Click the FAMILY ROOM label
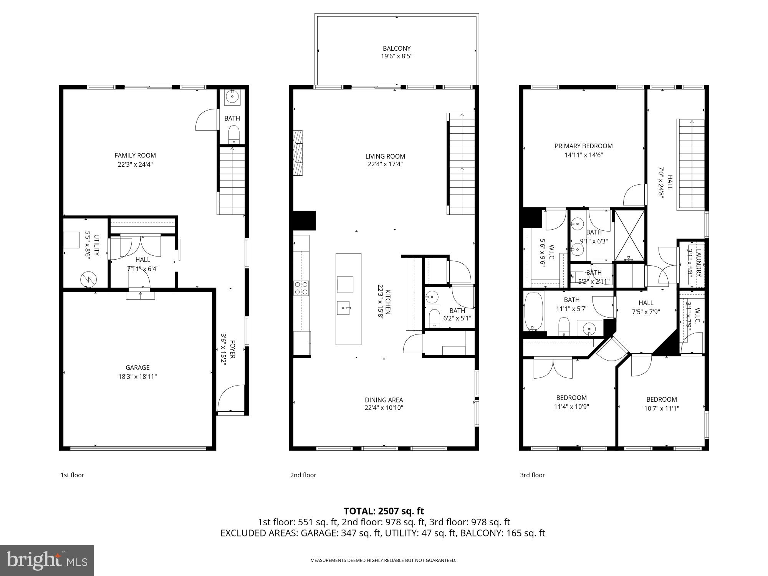pyautogui.click(x=135, y=156)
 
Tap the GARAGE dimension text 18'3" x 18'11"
pyautogui.click(x=137, y=377)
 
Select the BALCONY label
pyautogui.click(x=397, y=48)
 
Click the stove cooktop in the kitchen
pyautogui.click(x=301, y=288)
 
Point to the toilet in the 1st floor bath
pyautogui.click(x=233, y=135)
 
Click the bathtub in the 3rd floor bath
pyautogui.click(x=533, y=311)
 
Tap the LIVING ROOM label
pyautogui.click(x=385, y=156)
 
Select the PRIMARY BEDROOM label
pyautogui.click(x=583, y=146)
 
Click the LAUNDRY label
pyautogui.click(x=698, y=263)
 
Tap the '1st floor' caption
pyautogui.click(x=72, y=475)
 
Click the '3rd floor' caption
pyautogui.click(x=532, y=475)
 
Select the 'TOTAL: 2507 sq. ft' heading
pyautogui.click(x=384, y=511)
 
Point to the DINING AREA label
pyautogui.click(x=384, y=400)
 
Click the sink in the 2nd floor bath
pyautogui.click(x=433, y=296)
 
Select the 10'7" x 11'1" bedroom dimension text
pyautogui.click(x=661, y=409)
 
